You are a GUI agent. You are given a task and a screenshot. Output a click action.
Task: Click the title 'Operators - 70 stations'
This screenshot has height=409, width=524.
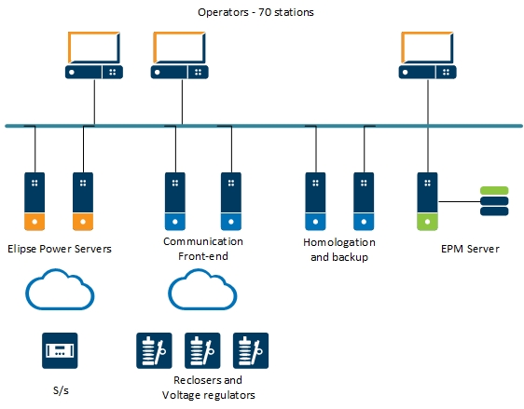255,12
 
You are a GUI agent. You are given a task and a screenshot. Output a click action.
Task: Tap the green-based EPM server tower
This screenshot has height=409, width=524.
427,201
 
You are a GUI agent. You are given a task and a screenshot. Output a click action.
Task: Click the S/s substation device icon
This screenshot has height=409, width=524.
60,350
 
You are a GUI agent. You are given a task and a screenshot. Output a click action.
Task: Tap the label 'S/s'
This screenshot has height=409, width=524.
61,390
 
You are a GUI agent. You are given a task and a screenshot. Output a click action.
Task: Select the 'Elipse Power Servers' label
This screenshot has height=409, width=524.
60,249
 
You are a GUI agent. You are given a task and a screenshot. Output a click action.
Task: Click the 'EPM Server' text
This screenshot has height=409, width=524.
470,249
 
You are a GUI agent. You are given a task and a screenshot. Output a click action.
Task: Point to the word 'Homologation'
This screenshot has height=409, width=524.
339,242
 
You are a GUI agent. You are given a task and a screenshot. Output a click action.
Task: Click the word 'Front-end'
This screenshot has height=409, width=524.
203,256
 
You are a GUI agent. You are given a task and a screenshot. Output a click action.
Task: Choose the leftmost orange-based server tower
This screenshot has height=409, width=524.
34,201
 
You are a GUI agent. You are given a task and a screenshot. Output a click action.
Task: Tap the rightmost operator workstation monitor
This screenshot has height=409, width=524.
427,55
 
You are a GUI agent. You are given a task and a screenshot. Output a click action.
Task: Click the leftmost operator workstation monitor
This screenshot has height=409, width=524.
94,55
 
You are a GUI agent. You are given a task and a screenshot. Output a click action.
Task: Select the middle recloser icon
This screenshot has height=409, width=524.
202,350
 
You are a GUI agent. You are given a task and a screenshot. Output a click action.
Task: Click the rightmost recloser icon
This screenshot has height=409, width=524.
251,350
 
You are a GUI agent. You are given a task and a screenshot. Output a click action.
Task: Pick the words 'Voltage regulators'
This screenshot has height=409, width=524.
209,395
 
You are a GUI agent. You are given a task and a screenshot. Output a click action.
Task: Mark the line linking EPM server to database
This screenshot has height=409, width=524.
459,201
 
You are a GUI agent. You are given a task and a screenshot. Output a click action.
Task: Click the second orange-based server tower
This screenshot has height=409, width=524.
83,201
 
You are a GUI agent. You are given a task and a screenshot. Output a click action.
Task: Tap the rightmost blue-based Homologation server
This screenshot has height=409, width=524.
364,201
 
